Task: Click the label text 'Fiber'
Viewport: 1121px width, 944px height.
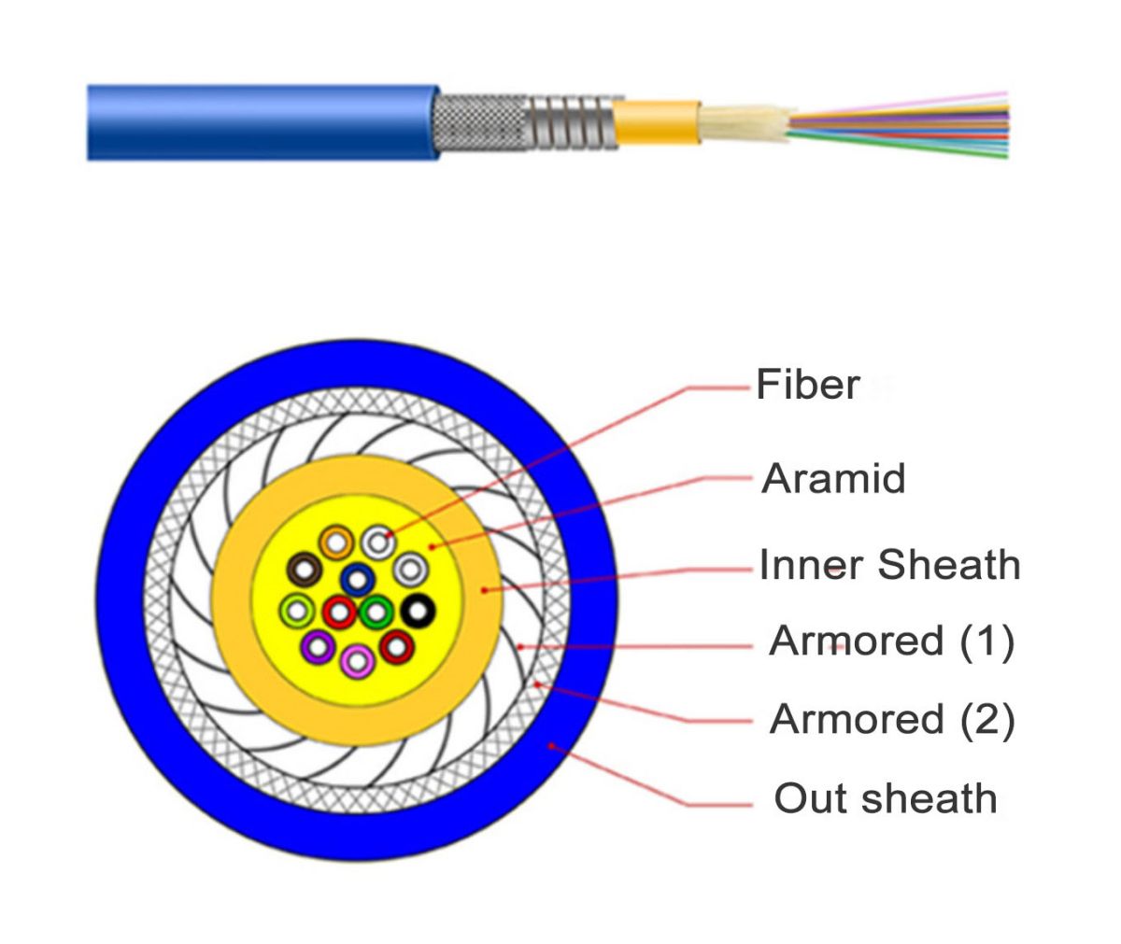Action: pos(807,385)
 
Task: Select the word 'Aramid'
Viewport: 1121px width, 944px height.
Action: pos(834,478)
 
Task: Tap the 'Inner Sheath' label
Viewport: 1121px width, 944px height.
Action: pos(889,565)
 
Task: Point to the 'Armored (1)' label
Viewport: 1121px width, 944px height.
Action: pos(891,641)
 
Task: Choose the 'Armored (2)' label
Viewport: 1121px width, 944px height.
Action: pos(891,719)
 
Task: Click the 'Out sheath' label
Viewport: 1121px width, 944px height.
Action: pos(885,799)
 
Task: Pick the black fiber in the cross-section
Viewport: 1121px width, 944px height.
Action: pos(418,611)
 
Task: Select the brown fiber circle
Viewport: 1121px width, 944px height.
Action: pos(305,569)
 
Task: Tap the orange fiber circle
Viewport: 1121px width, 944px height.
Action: pos(335,541)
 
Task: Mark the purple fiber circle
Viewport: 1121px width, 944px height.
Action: pos(318,646)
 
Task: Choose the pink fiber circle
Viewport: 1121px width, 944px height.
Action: pos(356,661)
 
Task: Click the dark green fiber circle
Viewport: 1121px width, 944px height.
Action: pos(376,613)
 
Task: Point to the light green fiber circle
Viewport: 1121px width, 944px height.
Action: pos(297,611)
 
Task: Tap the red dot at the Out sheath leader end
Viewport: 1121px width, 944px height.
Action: pos(552,745)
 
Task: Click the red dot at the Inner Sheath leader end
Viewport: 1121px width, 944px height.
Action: pos(484,589)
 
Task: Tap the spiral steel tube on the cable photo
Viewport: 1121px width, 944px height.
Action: pos(571,122)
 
